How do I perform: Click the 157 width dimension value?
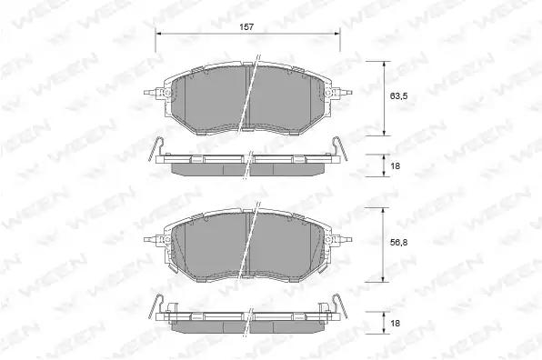(246, 27)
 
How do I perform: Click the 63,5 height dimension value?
(398, 96)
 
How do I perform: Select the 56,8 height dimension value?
(398, 243)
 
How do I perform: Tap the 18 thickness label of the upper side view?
(395, 165)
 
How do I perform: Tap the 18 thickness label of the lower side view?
(395, 323)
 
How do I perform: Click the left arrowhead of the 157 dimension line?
(158, 34)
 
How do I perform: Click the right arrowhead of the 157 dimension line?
(336, 34)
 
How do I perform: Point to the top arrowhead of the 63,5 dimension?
(384, 65)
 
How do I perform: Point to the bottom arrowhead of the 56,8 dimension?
(382, 278)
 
